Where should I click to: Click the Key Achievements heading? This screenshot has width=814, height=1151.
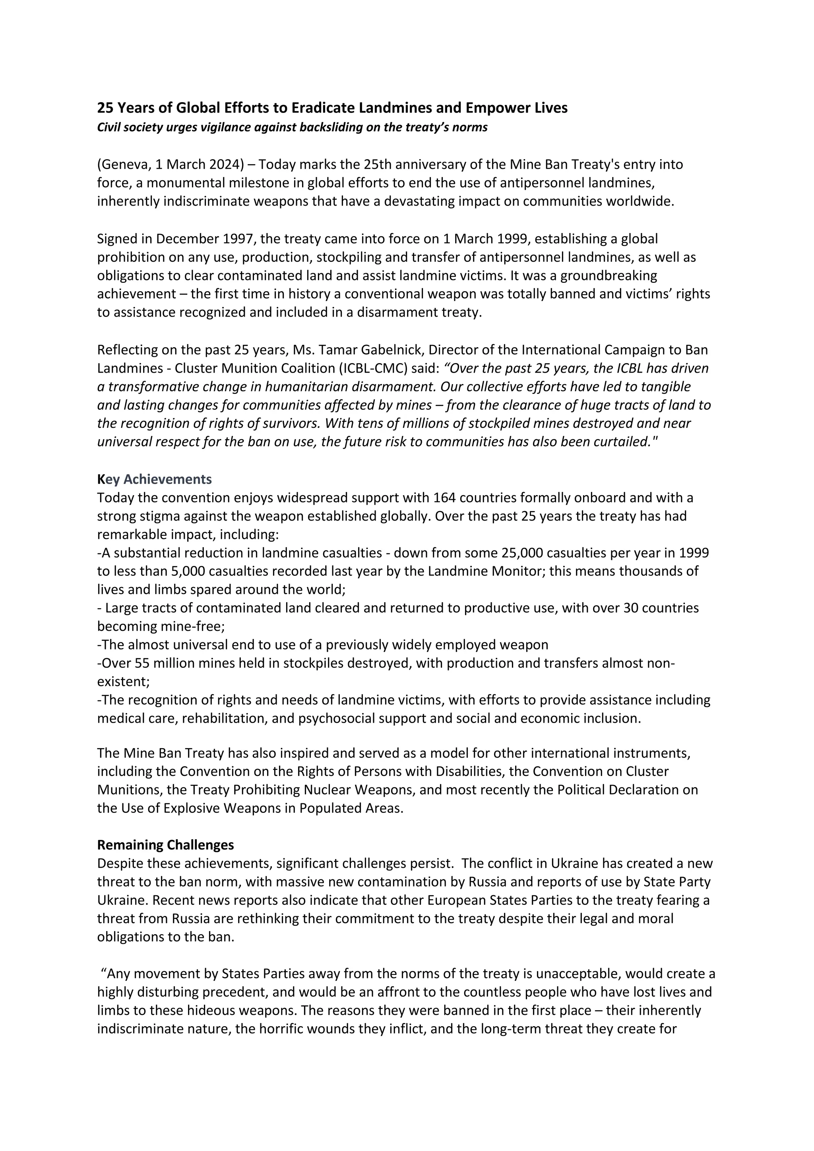point(154,480)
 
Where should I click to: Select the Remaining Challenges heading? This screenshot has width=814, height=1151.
point(165,845)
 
